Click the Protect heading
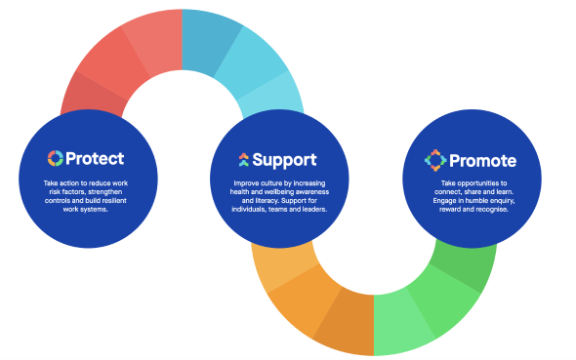click(x=94, y=158)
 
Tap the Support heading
click(x=284, y=159)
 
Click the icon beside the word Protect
click(x=55, y=158)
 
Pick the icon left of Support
click(x=243, y=159)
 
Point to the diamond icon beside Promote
click(x=434, y=159)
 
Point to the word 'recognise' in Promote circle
click(x=488, y=209)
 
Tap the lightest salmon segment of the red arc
click(x=152, y=34)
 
